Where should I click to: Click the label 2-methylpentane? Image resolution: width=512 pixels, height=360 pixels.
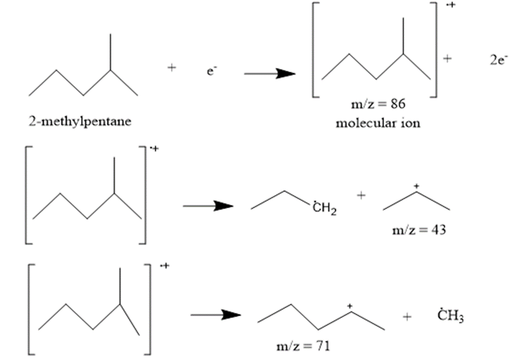pyautogui.click(x=80, y=122)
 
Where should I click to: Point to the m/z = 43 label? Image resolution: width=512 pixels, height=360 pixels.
pyautogui.click(x=419, y=230)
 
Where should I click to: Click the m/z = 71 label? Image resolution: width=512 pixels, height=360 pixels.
pyautogui.click(x=303, y=346)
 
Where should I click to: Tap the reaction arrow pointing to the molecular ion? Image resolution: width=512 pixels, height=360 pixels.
pyautogui.click(x=269, y=74)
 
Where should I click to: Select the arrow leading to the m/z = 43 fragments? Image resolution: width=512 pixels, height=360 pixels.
pyautogui.click(x=208, y=205)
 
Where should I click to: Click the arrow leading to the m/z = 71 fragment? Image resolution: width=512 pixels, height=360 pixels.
pyautogui.click(x=215, y=315)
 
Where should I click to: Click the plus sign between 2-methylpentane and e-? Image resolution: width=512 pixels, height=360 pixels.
pyautogui.click(x=171, y=68)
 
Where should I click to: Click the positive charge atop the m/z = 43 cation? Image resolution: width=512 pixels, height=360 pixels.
pyautogui.click(x=416, y=186)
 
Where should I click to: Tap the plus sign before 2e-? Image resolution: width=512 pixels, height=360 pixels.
pyautogui.click(x=448, y=58)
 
